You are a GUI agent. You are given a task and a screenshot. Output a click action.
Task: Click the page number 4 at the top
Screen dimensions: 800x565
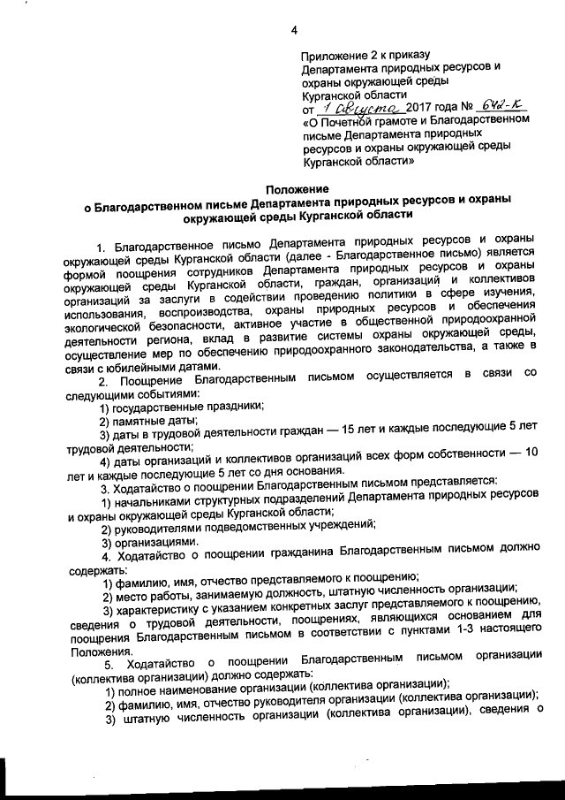click(x=293, y=34)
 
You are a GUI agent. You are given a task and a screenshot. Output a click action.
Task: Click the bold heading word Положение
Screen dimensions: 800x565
click(x=298, y=189)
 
